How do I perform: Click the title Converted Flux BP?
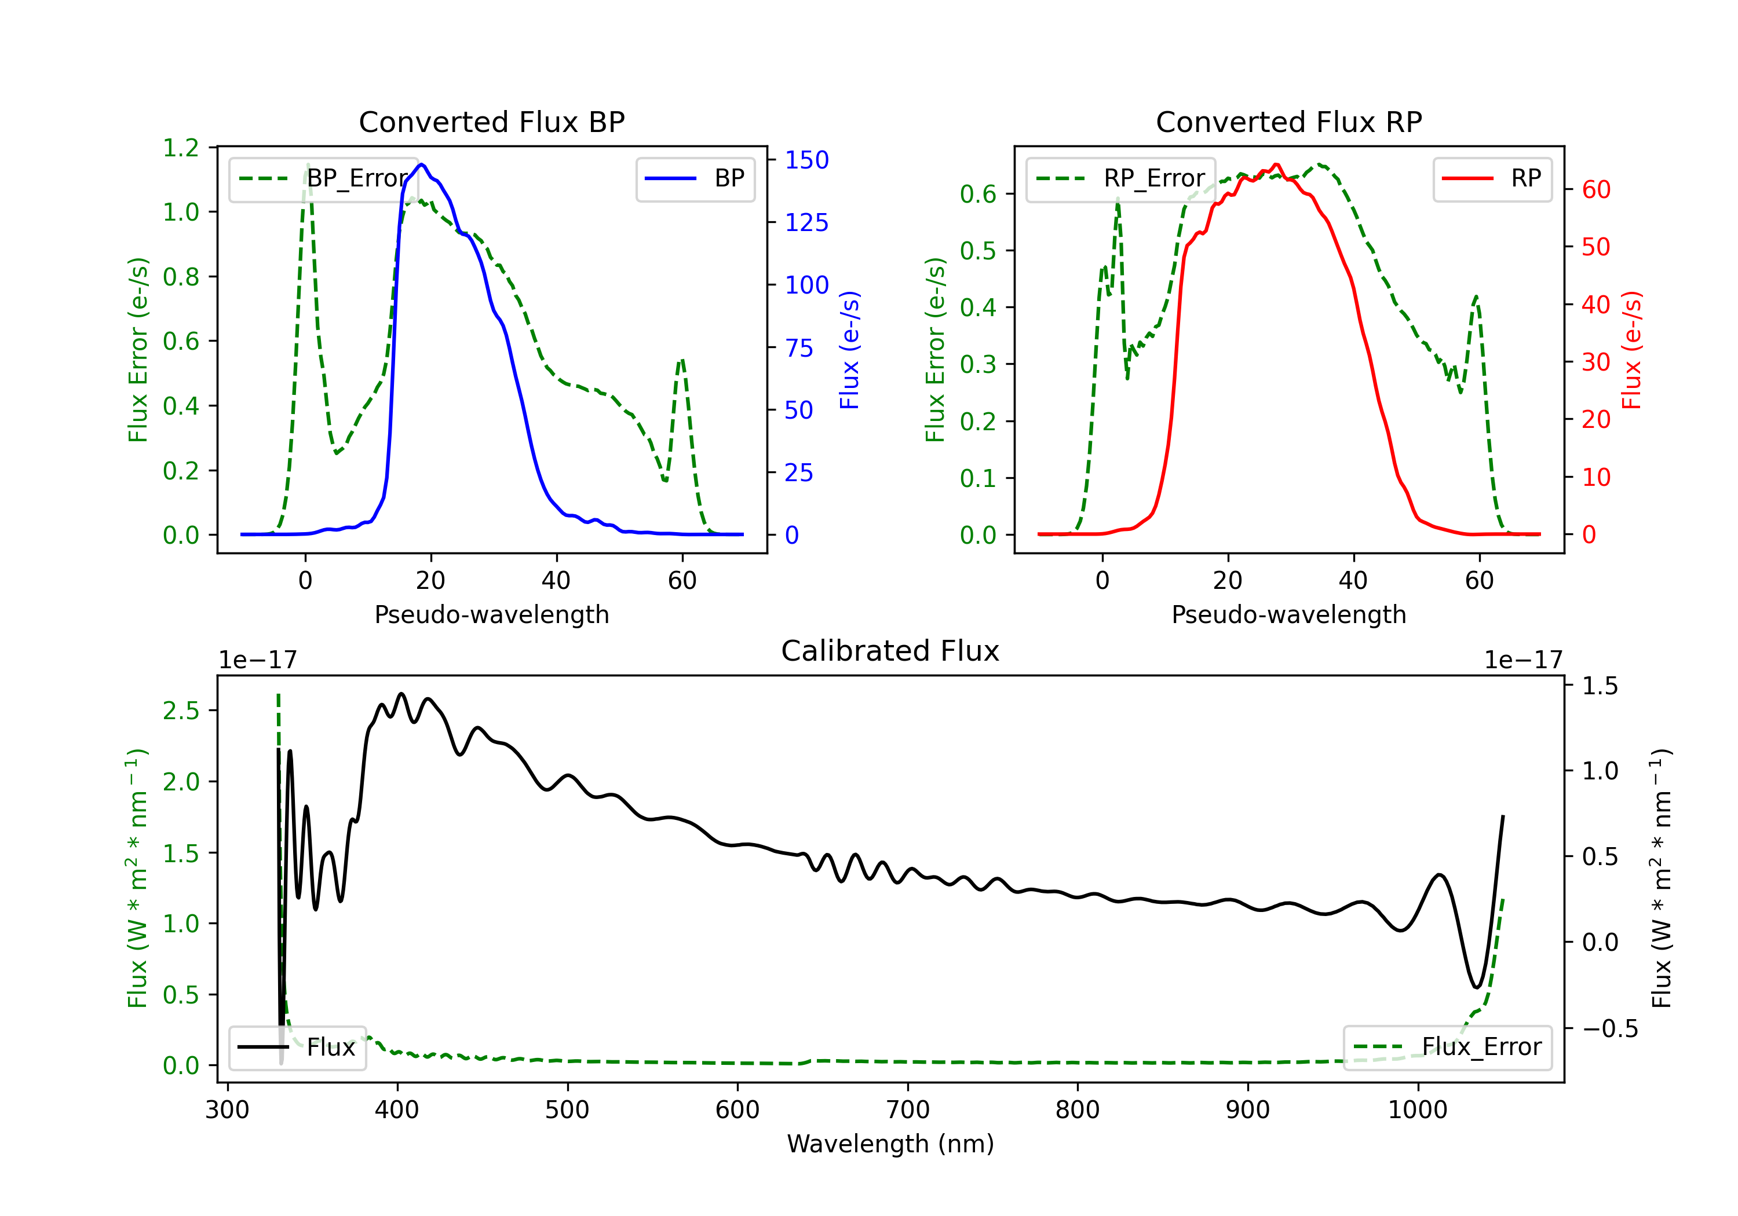491,122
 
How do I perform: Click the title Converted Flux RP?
1288,122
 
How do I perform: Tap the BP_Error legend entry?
323,178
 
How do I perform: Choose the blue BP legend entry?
695,178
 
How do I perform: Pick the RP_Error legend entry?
1120,178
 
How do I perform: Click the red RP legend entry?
1491,178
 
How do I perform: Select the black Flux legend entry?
296,1047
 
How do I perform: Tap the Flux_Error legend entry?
1447,1047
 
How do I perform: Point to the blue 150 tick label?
806,160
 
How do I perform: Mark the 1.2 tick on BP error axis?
181,148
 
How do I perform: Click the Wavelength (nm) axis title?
890,1144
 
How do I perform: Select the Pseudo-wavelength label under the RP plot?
1288,614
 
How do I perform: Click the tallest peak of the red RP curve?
1276,164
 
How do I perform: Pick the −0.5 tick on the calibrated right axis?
1610,1028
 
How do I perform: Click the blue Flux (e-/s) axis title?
849,350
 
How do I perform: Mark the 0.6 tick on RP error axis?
978,194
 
